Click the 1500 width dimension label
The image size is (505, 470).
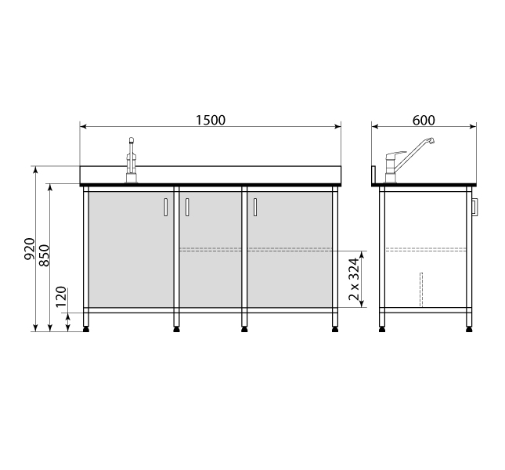pyautogui.click(x=211, y=120)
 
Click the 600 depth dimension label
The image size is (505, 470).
pyautogui.click(x=424, y=120)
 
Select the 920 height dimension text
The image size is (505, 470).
pyautogui.click(x=30, y=249)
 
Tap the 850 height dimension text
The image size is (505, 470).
pyautogui.click(x=45, y=255)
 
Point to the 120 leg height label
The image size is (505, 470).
pyautogui.click(x=61, y=297)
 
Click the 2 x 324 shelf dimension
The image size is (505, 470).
pyautogui.click(x=354, y=279)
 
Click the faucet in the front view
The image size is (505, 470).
pyautogui.click(x=131, y=160)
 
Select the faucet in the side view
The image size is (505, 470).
pyautogui.click(x=409, y=161)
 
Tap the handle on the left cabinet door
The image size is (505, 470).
pyautogui.click(x=165, y=207)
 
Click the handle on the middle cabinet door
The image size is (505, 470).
pyautogui.click(x=187, y=207)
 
